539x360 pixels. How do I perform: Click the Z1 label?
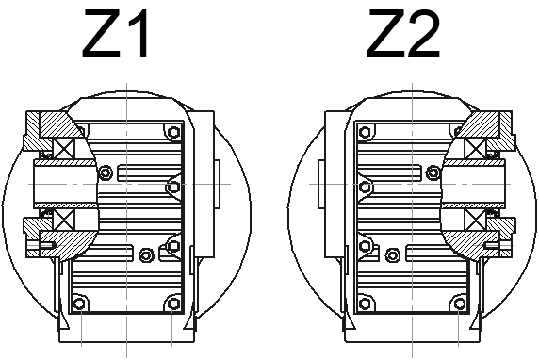point(116,33)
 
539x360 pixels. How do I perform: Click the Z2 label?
point(403,33)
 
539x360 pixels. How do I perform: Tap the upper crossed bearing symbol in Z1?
point(64,149)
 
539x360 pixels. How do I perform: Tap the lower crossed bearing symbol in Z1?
point(64,219)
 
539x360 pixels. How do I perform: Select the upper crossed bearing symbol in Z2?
point(475,149)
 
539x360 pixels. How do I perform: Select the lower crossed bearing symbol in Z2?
point(475,219)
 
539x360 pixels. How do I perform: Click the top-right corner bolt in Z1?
point(174,132)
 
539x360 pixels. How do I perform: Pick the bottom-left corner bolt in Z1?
point(79,303)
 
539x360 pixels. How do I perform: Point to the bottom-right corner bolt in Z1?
point(174,303)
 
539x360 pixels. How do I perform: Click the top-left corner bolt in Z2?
point(365,132)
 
